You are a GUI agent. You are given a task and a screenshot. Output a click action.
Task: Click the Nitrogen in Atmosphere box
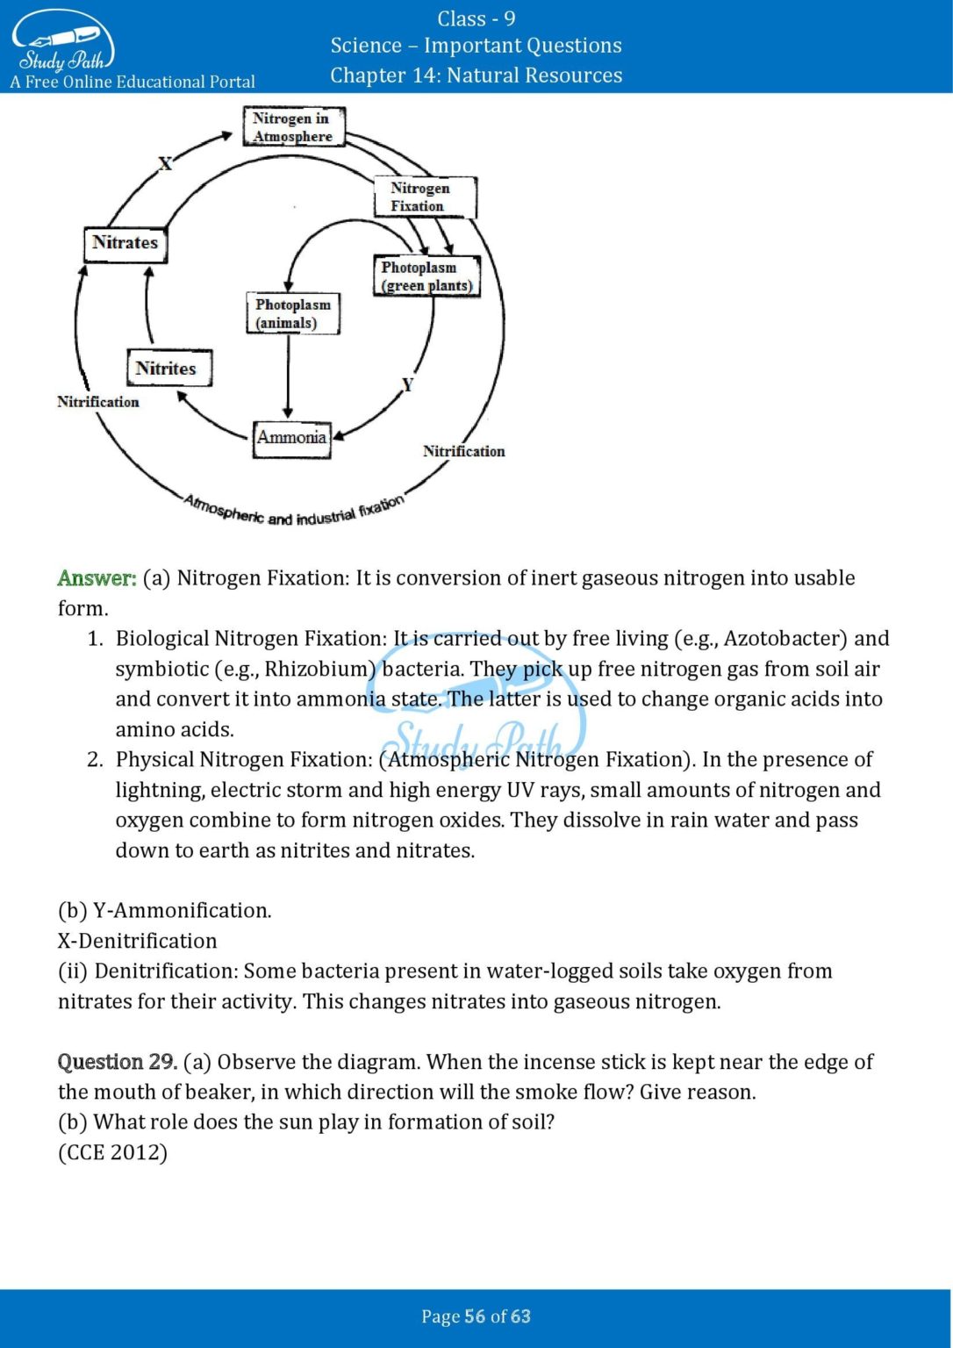pos(293,126)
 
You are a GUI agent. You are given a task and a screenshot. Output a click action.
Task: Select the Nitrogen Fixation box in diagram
pos(425,197)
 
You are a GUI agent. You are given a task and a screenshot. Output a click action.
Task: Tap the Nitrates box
pos(125,243)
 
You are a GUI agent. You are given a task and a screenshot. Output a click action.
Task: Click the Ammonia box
pos(292,437)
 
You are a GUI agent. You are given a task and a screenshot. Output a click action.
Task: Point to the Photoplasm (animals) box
pos(292,313)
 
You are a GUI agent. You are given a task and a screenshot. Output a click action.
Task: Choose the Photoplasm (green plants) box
pos(426,276)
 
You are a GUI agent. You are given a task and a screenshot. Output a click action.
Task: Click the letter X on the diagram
pos(165,163)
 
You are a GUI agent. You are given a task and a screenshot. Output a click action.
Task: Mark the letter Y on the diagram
pos(407,384)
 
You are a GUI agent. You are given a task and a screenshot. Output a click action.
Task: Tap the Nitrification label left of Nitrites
pos(98,402)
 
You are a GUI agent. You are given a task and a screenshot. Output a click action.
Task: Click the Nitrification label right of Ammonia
pos(463,451)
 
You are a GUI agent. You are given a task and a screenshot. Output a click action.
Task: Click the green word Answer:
pos(97,578)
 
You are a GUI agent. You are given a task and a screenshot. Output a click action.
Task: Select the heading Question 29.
pos(118,1062)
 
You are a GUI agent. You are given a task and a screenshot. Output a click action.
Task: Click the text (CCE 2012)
pos(112,1152)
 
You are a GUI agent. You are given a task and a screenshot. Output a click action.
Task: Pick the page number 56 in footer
pos(475,1316)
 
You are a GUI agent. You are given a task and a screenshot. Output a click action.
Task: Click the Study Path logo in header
pos(63,42)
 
